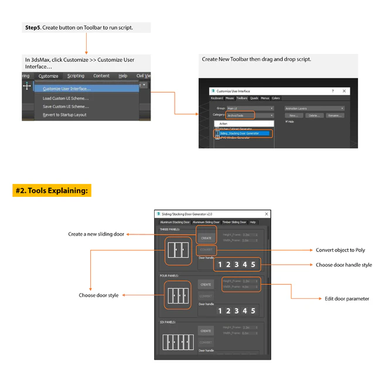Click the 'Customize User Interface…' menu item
point(66,89)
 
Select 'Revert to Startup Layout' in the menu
point(64,115)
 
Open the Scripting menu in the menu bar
point(76,76)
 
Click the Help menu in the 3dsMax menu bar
point(122,76)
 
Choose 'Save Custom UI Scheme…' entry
point(66,107)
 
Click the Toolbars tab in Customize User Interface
point(242,98)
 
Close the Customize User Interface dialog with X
point(344,91)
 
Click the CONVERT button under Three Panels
point(206,250)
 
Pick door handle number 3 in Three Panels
point(236,265)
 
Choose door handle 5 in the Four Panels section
point(253,311)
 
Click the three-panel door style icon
point(177,250)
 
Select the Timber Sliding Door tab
point(234,223)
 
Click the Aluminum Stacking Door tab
point(175,223)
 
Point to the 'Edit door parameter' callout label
point(347,299)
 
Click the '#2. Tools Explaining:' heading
point(52,191)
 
